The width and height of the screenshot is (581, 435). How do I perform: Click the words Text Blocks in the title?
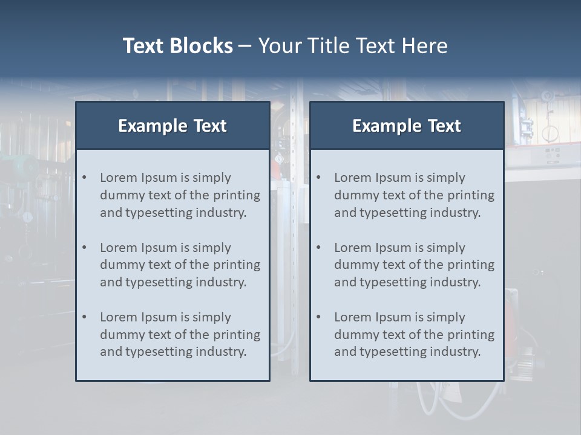pyautogui.click(x=177, y=46)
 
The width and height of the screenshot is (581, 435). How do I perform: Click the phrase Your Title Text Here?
pyautogui.click(x=353, y=46)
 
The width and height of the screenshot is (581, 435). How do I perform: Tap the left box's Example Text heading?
pyautogui.click(x=172, y=126)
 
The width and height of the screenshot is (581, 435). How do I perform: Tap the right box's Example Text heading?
pyautogui.click(x=407, y=126)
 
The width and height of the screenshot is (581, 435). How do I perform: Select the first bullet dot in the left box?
pyautogui.click(x=85, y=178)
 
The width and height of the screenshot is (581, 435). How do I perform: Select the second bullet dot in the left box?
pyautogui.click(x=85, y=248)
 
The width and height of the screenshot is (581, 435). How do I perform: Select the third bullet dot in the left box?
pyautogui.click(x=85, y=317)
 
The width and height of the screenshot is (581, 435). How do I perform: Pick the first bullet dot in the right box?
pyautogui.click(x=319, y=178)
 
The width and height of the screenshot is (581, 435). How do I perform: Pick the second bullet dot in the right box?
pyautogui.click(x=319, y=248)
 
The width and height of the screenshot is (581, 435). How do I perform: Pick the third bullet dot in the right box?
pyautogui.click(x=319, y=317)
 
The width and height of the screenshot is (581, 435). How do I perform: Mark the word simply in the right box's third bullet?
pyautogui.click(x=445, y=317)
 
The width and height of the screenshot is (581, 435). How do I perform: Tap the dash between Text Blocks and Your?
pyautogui.click(x=245, y=46)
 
